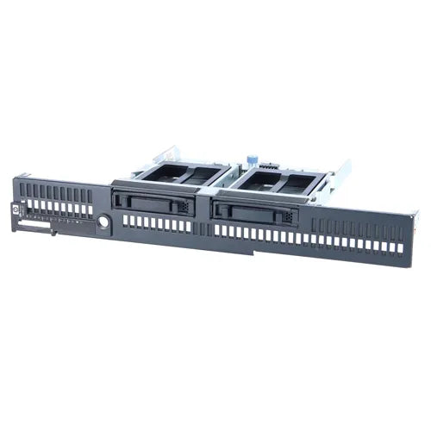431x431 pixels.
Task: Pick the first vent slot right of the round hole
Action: (x=125, y=222)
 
